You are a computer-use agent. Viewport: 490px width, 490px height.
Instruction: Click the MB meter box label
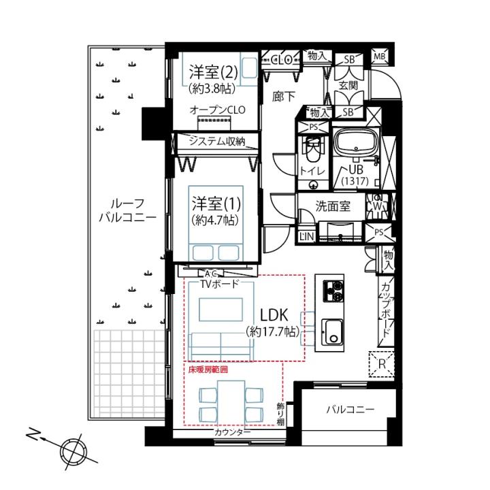point(379,57)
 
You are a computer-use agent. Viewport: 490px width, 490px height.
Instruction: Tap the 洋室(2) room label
point(214,73)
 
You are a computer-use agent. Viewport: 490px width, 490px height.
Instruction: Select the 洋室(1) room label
point(216,203)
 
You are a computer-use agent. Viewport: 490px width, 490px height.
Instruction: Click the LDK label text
point(274,315)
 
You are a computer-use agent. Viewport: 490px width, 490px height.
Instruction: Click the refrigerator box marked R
point(382,364)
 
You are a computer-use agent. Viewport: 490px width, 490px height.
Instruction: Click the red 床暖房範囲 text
point(208,370)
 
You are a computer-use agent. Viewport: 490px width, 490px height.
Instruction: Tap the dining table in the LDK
point(231,403)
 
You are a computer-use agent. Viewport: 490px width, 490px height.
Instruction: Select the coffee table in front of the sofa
point(220,310)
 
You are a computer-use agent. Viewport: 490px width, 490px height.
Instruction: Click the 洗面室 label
point(333,206)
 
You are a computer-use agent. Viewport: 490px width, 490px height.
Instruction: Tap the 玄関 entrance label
point(348,85)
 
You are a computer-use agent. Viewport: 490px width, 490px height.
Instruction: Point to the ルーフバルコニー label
point(127,210)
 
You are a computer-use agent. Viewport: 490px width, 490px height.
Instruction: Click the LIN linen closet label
point(306,236)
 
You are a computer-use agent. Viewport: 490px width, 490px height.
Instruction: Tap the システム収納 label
point(217,142)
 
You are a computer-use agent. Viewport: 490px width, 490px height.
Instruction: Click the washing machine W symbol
point(378,206)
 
